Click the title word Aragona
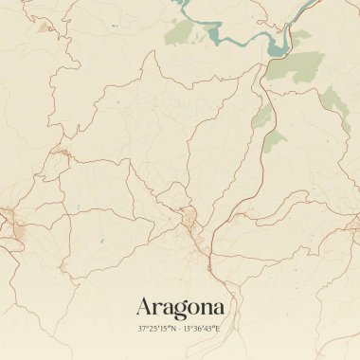(180, 307)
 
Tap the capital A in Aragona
(146, 307)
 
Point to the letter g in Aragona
(181, 310)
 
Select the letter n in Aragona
(207, 309)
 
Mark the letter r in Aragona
(158, 309)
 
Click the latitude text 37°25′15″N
(157, 329)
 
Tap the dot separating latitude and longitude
(179, 329)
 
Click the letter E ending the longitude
(217, 329)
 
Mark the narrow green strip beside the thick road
(261, 117)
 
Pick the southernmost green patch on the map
(274, 141)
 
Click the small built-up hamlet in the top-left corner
(44, 28)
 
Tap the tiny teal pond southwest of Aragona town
(99, 243)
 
